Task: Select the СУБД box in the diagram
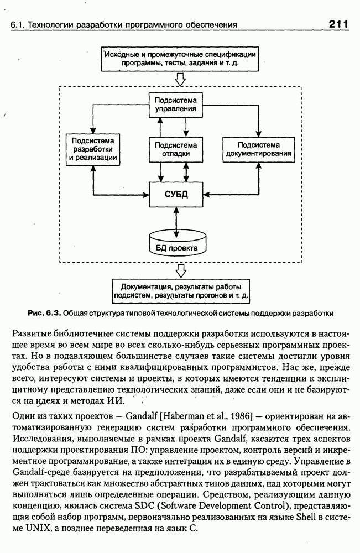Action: [x=176, y=194]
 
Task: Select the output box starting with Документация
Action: [x=180, y=291]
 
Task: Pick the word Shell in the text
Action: [x=306, y=517]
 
